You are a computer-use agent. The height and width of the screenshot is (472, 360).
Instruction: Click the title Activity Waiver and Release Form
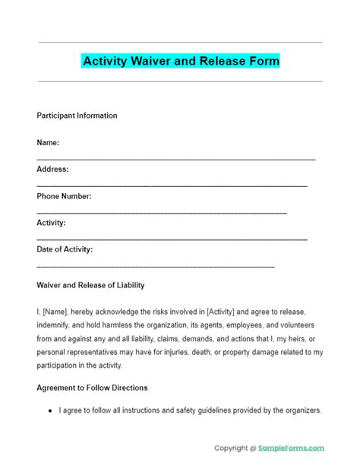tap(180, 60)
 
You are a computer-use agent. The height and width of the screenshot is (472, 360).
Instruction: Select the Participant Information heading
tap(77, 116)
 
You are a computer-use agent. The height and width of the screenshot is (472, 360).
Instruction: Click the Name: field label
tap(48, 142)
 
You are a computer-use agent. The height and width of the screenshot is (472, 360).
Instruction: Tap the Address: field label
tap(52, 169)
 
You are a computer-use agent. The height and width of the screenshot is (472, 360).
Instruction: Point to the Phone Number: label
tap(64, 196)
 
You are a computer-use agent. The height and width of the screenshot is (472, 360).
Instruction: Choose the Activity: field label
tap(51, 223)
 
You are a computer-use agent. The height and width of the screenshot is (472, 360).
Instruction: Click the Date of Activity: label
tap(65, 249)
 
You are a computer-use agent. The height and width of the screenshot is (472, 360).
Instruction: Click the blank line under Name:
tap(175, 158)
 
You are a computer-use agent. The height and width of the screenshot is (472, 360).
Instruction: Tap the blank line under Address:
tap(172, 185)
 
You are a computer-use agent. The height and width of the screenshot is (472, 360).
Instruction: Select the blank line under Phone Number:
tap(161, 212)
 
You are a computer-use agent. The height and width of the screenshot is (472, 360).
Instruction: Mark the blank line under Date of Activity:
tap(155, 266)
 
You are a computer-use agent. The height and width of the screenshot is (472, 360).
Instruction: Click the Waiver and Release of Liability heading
tap(90, 285)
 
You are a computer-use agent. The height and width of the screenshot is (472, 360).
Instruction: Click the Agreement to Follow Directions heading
tap(92, 388)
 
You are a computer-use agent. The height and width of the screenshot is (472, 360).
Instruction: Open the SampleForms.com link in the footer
tap(292, 448)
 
